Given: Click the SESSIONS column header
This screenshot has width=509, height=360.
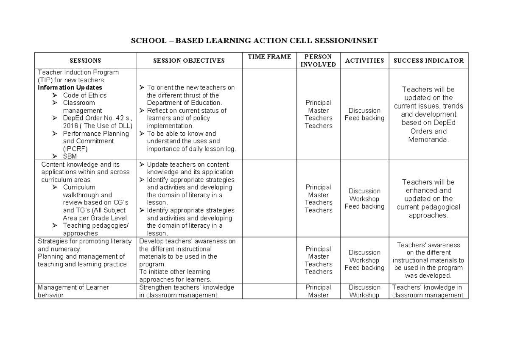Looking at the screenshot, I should pyautogui.click(x=85, y=61).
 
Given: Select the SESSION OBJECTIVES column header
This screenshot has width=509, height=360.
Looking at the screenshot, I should pyautogui.click(x=189, y=61).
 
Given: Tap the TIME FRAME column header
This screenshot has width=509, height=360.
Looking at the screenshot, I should pyautogui.click(x=269, y=57).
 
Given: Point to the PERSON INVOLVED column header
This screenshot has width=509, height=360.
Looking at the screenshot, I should pyautogui.click(x=318, y=61).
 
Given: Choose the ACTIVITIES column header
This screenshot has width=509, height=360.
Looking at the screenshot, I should pyautogui.click(x=364, y=61).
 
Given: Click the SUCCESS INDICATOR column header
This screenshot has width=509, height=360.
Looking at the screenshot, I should pyautogui.click(x=428, y=61).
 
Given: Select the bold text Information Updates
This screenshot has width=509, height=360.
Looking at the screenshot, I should pyautogui.click(x=70, y=88).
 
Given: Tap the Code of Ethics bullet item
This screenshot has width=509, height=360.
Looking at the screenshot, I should pyautogui.click(x=84, y=95).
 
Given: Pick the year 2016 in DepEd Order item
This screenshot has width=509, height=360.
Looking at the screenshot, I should pyautogui.click(x=70, y=126).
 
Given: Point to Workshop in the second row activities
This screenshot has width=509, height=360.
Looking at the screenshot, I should pyautogui.click(x=364, y=199).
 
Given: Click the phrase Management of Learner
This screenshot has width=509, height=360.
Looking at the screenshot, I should pyautogui.click(x=73, y=287).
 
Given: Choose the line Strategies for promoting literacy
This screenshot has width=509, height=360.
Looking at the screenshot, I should pyautogui.click(x=85, y=241).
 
